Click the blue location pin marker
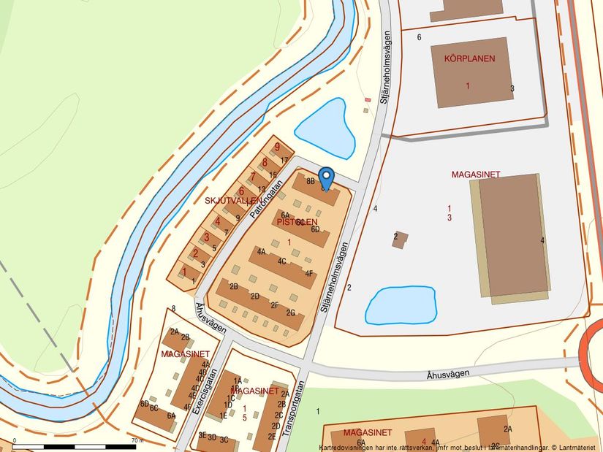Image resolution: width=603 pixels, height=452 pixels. coord(327,177)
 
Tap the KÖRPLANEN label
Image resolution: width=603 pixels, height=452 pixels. coord(468,58)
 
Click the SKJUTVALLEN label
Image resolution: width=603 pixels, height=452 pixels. coord(232,199)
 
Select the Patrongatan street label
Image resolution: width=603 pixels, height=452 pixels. coord(265,197)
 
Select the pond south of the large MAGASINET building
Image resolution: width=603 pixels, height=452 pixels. coord(401,305)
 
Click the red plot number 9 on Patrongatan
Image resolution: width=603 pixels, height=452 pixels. coord(277,147)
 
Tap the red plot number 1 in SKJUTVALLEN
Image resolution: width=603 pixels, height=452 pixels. coord(184,272)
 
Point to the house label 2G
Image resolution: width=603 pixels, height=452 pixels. coord(291,313)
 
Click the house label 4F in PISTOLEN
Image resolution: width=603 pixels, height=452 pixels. coord(310,274)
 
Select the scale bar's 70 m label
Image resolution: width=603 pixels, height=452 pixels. coord(137,440)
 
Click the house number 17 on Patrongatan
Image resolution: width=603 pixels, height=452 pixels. coord(284,160)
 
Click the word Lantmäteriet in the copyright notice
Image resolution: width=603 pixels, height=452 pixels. coord(579,447)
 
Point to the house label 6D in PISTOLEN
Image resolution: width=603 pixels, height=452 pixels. coord(316,229)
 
